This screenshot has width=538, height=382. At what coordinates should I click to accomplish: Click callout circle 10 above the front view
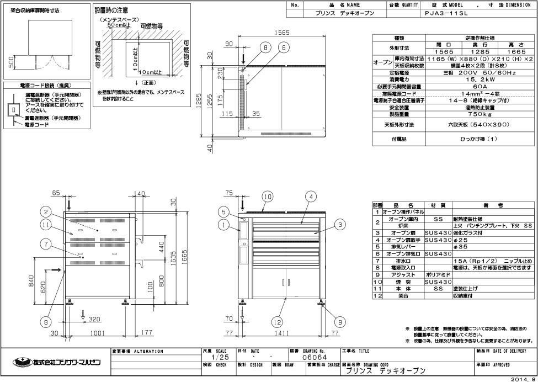tap(267, 197)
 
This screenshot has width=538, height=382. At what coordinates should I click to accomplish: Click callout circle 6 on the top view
tap(284, 48)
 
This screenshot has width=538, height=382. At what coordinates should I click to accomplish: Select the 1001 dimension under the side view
tap(97, 333)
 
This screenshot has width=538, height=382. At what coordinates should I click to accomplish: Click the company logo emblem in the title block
tap(22, 362)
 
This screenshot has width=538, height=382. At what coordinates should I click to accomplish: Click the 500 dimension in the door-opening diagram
tap(12, 62)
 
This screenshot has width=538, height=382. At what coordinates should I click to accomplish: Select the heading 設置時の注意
tap(113, 10)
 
